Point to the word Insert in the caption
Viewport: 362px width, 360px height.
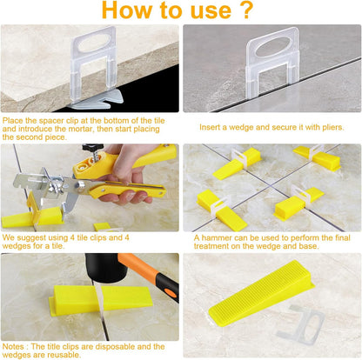click(x=216, y=127)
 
